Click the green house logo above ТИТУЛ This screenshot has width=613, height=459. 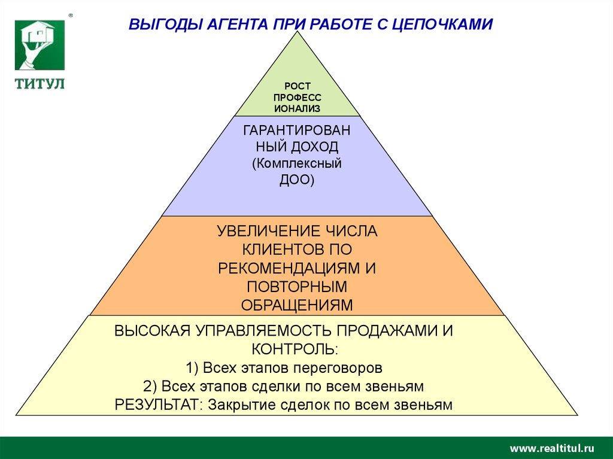coord(40,44)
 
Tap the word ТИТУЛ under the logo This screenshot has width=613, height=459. coord(40,84)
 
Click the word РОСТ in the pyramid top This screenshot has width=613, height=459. coord(297,87)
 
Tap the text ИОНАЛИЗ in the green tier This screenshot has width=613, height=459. coord(297,108)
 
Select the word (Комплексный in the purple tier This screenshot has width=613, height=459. coord(297,163)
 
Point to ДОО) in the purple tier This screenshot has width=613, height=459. coord(297,179)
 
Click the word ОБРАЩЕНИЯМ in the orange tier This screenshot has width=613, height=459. coord(297,305)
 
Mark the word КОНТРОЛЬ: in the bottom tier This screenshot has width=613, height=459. coord(297,348)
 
